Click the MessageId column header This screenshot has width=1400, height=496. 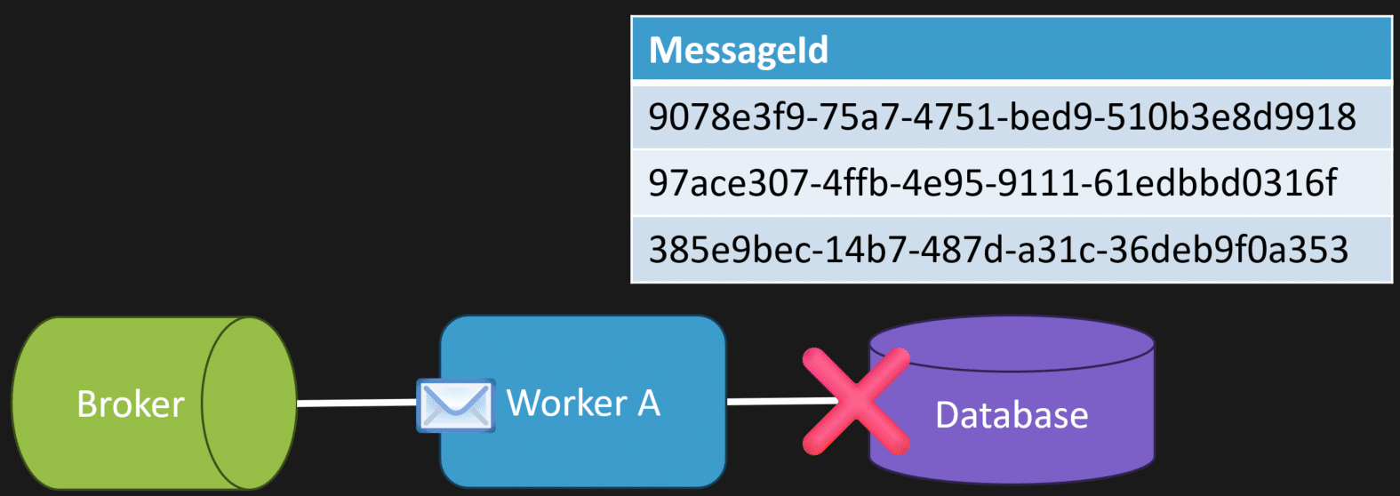(x=739, y=50)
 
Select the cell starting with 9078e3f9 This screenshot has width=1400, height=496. (x=1002, y=116)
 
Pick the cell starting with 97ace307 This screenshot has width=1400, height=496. (x=992, y=183)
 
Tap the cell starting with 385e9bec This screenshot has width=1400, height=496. (x=997, y=250)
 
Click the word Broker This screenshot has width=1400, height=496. (x=131, y=404)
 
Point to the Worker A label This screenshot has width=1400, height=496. (x=583, y=403)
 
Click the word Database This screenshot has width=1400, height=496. (x=1012, y=415)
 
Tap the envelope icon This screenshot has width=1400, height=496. (x=455, y=405)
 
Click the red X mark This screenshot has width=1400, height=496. (x=855, y=402)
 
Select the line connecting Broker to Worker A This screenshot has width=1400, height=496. (x=356, y=403)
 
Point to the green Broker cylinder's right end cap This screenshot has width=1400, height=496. (x=249, y=403)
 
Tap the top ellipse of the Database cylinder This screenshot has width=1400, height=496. (x=1012, y=342)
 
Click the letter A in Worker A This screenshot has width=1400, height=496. (x=649, y=403)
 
